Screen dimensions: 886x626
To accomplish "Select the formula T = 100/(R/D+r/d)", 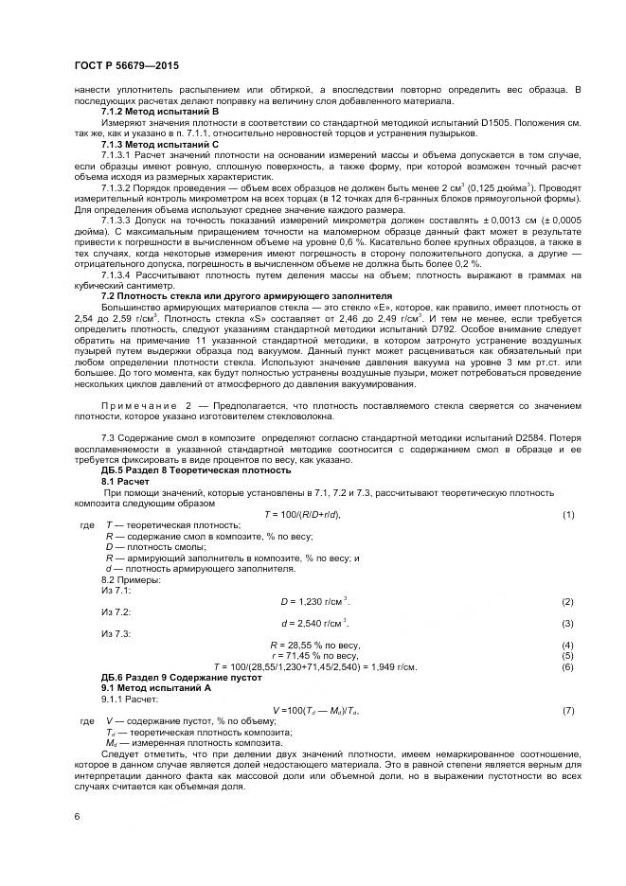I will [x=303, y=513].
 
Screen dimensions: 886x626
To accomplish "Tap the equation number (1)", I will [x=568, y=513].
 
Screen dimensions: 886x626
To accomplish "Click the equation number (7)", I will [x=568, y=709].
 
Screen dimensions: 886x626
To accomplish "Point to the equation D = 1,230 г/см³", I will [x=315, y=602].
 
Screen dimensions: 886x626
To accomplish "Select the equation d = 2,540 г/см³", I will [x=315, y=623].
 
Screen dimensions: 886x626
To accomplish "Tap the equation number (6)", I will [x=568, y=666].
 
